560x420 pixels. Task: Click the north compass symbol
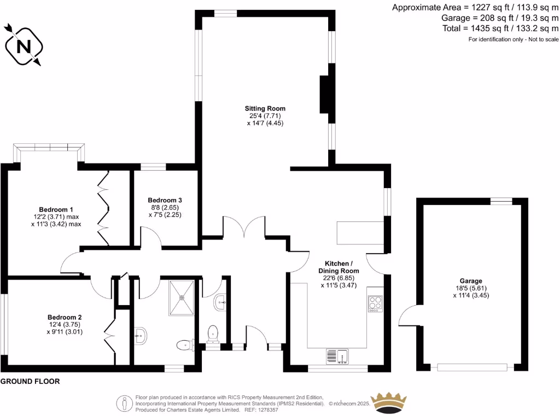23,46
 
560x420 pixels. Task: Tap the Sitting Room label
265,108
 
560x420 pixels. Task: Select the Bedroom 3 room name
165,200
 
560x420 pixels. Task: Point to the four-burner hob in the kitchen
375,304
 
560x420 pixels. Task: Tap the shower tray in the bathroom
181,298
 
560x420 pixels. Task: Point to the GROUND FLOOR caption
30,382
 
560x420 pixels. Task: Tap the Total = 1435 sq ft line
501,28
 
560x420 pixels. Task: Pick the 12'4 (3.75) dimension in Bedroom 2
65,324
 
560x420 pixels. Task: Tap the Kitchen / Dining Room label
339,267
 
